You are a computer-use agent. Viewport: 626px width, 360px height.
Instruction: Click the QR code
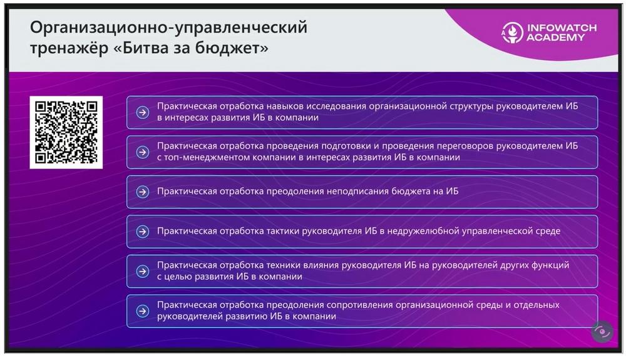point(66,132)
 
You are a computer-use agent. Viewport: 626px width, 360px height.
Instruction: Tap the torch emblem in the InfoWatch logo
point(512,33)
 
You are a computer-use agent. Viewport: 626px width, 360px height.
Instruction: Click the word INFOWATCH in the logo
point(562,28)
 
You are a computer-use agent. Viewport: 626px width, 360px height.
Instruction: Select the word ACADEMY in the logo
point(555,38)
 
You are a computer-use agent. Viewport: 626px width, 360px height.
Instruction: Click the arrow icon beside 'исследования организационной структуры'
point(143,113)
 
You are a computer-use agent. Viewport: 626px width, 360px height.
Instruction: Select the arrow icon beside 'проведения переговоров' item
point(143,152)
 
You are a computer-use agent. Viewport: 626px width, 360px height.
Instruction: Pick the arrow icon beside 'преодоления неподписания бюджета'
point(143,192)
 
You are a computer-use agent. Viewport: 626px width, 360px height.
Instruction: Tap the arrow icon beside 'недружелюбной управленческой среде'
point(143,232)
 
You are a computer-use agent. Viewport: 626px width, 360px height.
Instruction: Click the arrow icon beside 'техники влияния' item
point(143,271)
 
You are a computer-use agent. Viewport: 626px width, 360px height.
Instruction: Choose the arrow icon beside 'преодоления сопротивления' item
point(143,311)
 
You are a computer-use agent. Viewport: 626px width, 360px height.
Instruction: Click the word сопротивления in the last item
point(359,306)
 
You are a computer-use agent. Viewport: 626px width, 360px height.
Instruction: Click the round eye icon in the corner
point(602,332)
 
